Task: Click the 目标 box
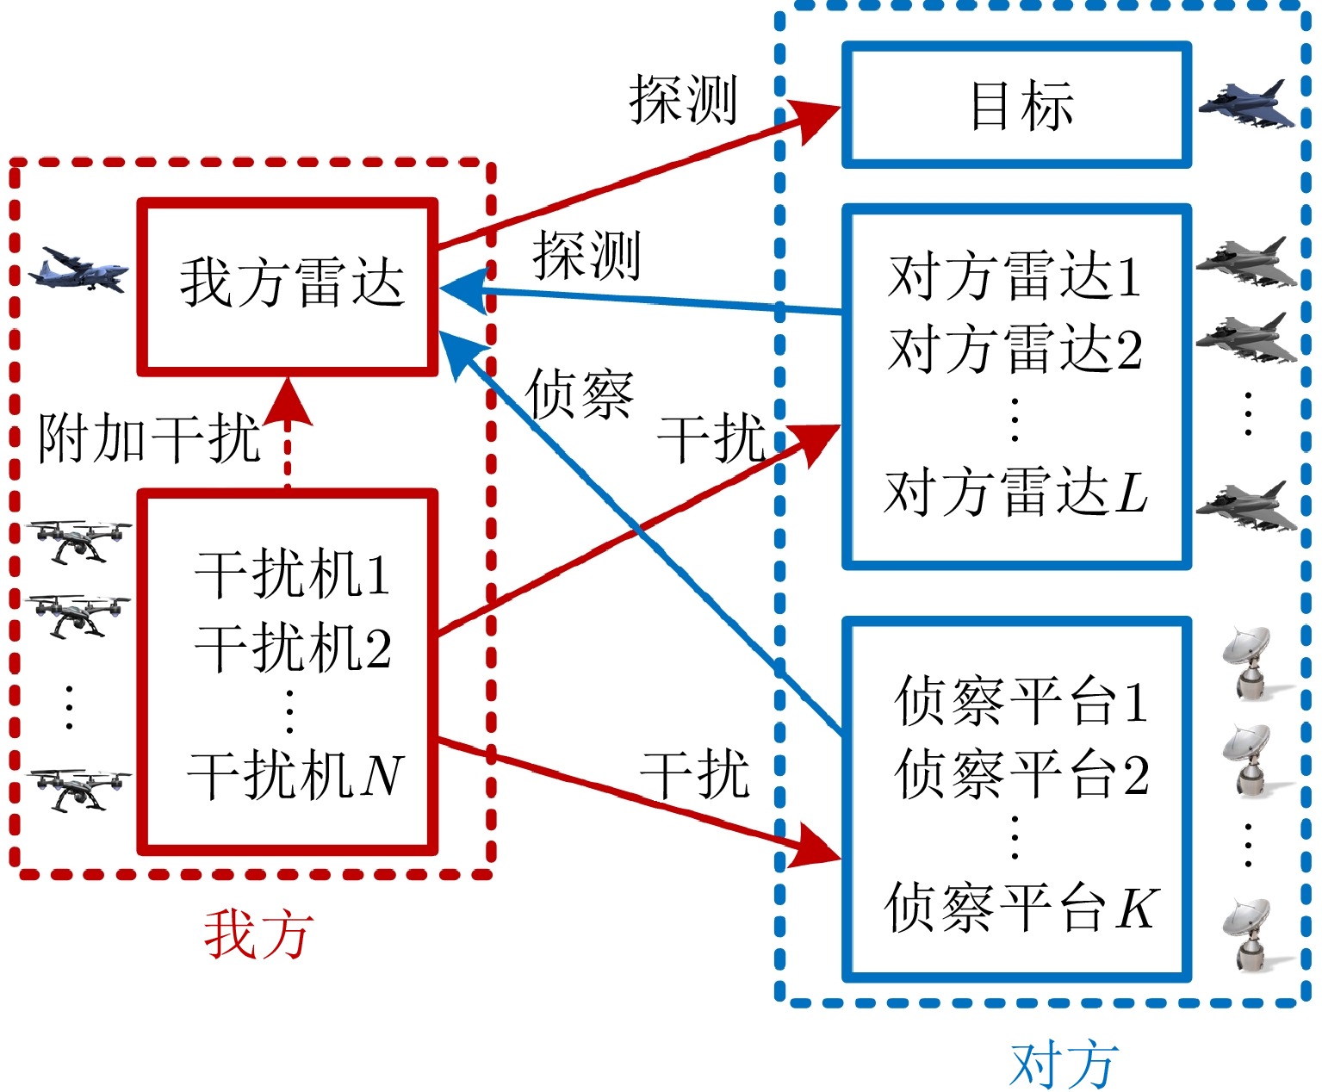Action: pos(1016,105)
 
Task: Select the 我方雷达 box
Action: pos(288,288)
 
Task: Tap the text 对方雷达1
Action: pos(1015,277)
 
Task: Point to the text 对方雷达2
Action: pos(1015,350)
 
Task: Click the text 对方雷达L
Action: pos(1015,493)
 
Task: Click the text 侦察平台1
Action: pos(1021,701)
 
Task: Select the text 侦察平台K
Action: pos(1018,908)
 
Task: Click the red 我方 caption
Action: pos(258,935)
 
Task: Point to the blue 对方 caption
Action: pos(1064,1064)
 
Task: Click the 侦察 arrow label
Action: pos(580,394)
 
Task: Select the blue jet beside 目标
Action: pos(1247,105)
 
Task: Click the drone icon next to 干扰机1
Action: pos(79,541)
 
